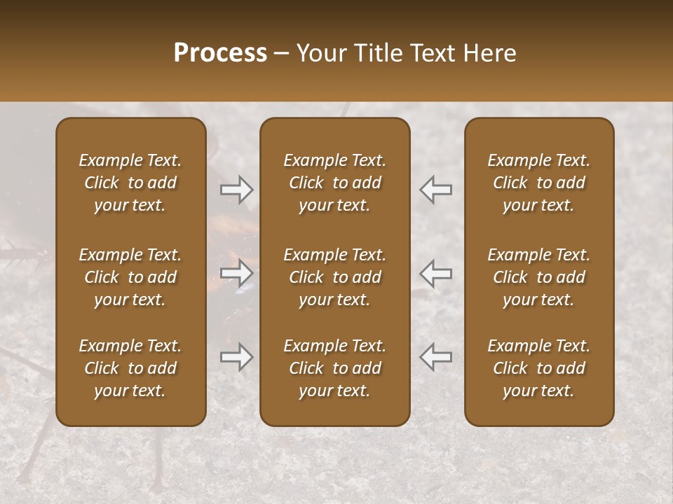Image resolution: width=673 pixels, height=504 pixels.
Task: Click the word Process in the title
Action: tap(220, 53)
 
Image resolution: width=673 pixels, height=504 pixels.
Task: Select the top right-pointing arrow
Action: tap(237, 189)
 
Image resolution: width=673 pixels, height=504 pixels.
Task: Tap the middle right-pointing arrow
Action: tap(237, 273)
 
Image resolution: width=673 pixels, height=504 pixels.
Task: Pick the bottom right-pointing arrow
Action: tap(237, 357)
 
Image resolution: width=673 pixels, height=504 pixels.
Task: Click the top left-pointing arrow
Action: tap(436, 189)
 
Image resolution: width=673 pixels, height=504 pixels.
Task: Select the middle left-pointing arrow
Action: tap(436, 273)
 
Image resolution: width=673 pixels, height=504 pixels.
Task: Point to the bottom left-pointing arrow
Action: tap(436, 357)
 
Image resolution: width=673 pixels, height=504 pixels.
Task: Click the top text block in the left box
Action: tap(130, 183)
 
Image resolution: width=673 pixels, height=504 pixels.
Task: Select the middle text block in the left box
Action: tap(130, 277)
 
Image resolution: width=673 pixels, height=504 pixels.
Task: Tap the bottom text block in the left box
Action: tap(130, 368)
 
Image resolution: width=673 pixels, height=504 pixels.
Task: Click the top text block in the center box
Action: tap(335, 183)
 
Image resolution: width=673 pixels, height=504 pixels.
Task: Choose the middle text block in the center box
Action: tap(335, 277)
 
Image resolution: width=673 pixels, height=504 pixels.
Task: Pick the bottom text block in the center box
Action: tap(335, 368)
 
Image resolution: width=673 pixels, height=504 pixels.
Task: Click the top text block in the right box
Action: tap(539, 183)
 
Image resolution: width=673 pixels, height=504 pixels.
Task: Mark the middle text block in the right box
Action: tap(539, 277)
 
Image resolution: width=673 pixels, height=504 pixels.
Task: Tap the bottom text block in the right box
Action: tap(539, 368)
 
